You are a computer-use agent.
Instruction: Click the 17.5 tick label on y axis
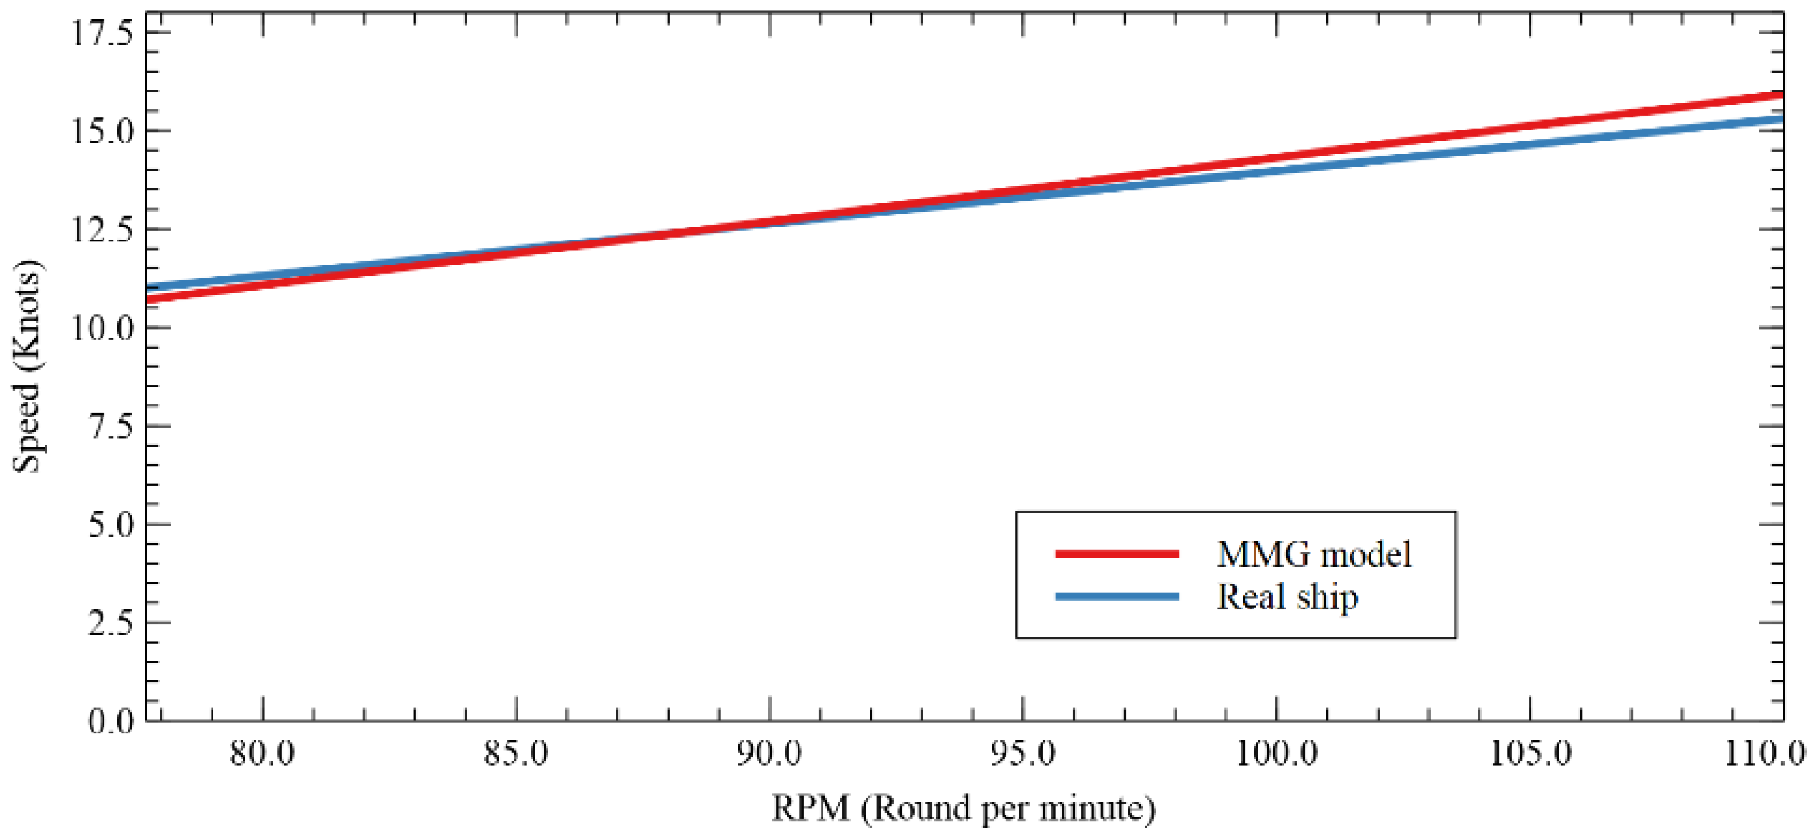click(103, 33)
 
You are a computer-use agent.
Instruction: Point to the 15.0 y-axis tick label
click(103, 132)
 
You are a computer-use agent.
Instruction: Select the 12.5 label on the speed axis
click(103, 230)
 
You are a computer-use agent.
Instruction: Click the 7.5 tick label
click(111, 427)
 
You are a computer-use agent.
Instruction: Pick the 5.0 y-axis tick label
click(111, 526)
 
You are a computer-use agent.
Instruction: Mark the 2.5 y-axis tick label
click(111, 624)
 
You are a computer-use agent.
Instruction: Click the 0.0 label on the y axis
click(111, 721)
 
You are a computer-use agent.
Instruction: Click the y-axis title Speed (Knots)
click(28, 367)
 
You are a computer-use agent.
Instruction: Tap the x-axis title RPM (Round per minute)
click(964, 809)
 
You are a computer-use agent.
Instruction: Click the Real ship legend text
click(1287, 598)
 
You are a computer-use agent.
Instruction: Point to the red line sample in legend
click(1117, 554)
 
